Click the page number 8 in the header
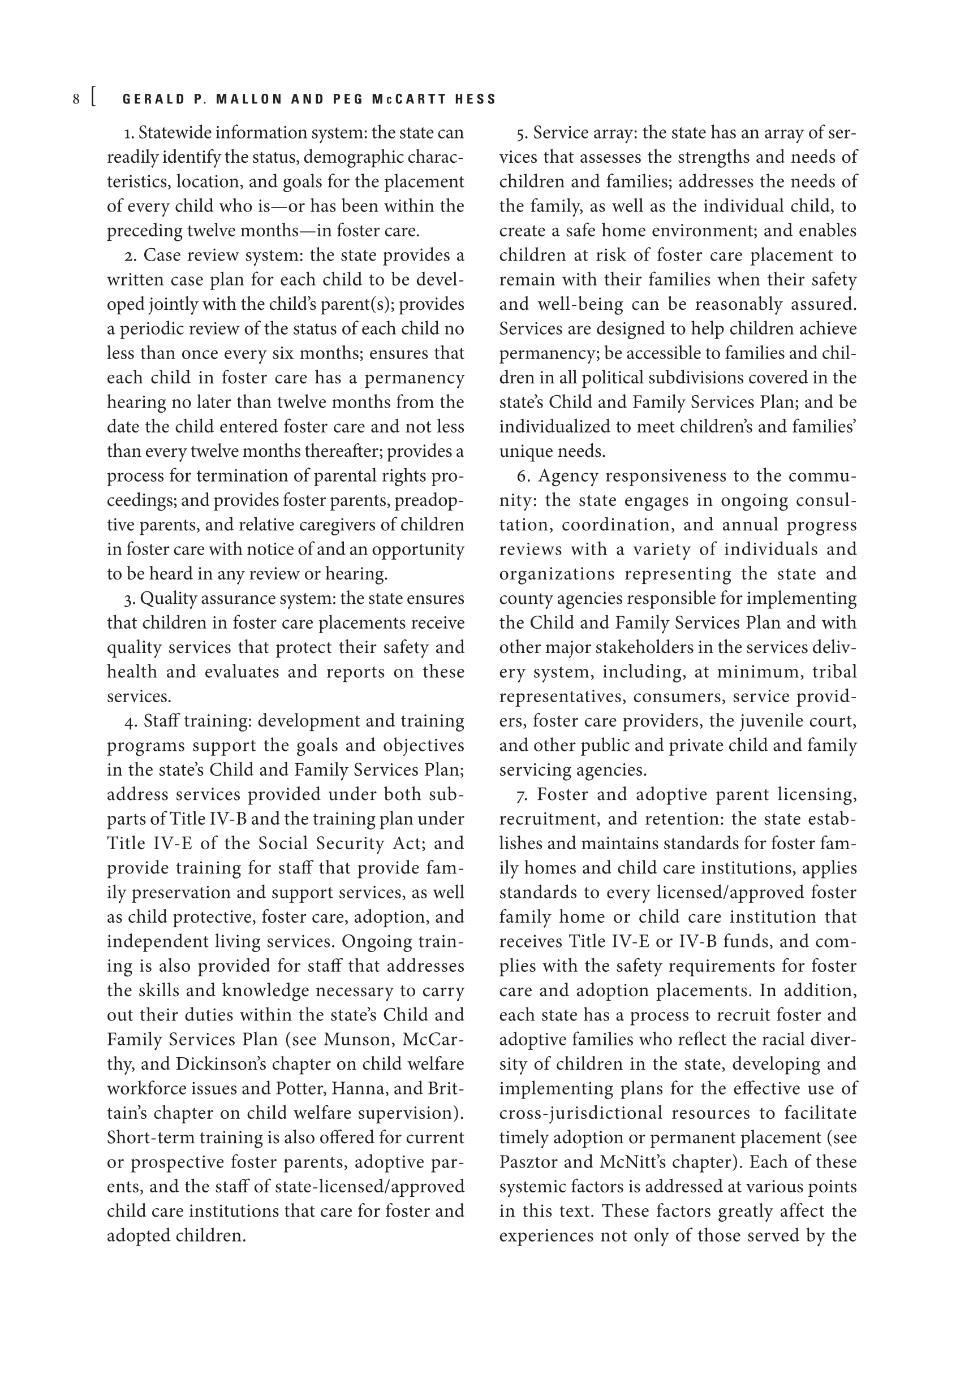pos(76,100)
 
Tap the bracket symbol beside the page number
pos(93,98)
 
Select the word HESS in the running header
pos(476,100)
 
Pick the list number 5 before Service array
pos(522,133)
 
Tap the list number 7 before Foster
pos(522,795)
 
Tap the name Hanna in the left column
pos(368,1089)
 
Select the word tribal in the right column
pos(834,672)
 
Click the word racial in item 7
pos(783,1040)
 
